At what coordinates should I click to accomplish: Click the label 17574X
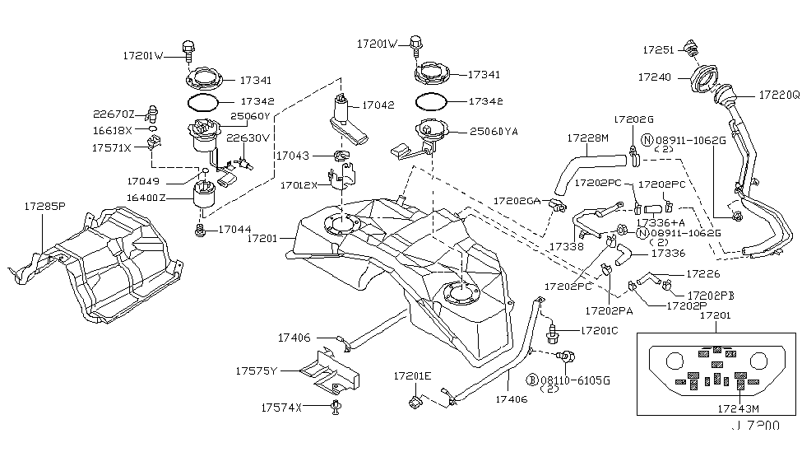pos(282,408)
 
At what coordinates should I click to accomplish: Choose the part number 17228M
pos(586,138)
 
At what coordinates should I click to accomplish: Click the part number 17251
pos(658,50)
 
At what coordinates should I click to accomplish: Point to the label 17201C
pos(599,331)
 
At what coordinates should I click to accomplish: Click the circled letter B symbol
pos(533,380)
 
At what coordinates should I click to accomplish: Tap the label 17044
pos(234,230)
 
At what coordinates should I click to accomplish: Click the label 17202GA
pos(517,200)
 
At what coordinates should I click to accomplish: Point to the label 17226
pos(702,273)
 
